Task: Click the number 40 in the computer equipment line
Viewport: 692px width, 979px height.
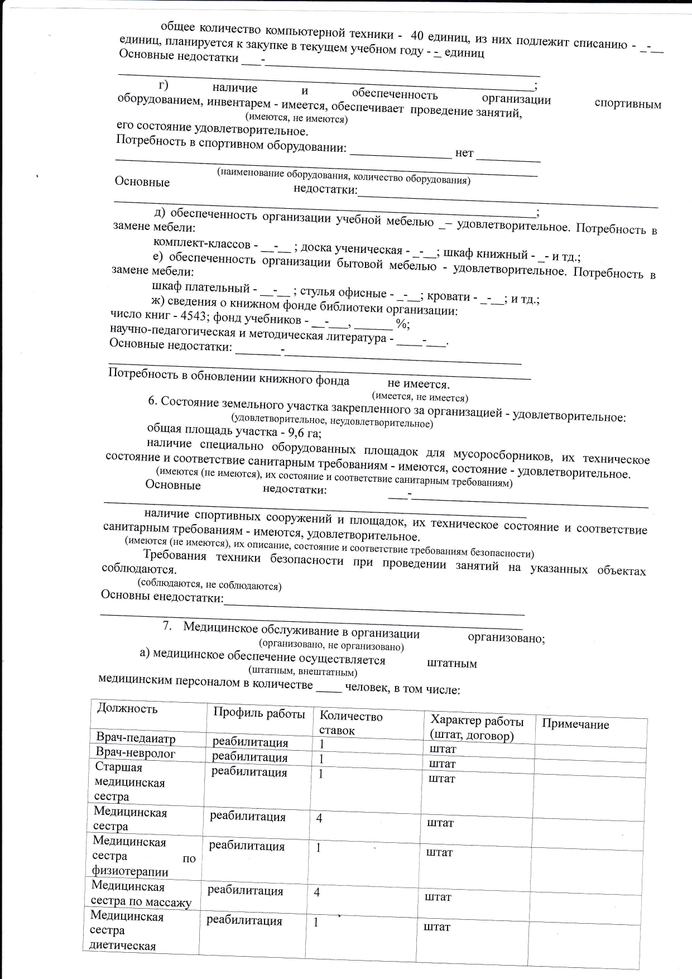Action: click(418, 35)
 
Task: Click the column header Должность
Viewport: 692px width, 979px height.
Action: click(127, 709)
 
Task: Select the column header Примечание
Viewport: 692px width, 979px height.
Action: click(575, 724)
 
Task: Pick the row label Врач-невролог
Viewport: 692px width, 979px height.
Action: click(136, 753)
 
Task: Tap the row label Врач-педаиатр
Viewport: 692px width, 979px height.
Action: click(136, 738)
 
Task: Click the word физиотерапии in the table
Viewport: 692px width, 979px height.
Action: click(130, 871)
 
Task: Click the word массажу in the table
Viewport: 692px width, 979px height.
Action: click(169, 902)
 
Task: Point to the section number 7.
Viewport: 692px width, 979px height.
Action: click(166, 626)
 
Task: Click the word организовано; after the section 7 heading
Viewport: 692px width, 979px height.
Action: click(506, 638)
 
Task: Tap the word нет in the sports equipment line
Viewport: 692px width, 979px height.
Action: click(464, 152)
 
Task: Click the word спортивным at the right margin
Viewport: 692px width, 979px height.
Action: click(628, 104)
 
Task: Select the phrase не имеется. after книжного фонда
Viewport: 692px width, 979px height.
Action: click(418, 384)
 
